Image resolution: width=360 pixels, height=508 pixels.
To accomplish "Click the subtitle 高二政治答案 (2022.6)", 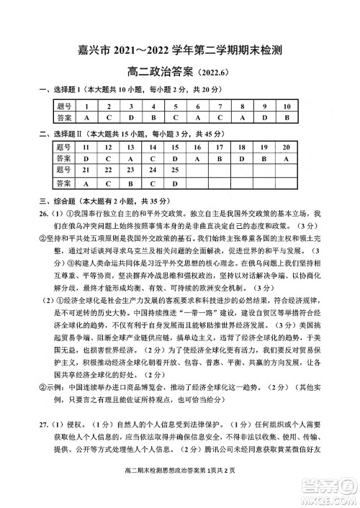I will [180, 71].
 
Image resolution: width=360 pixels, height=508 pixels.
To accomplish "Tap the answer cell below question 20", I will [286, 159].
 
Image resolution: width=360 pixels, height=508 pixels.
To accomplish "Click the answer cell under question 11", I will [86, 159].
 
